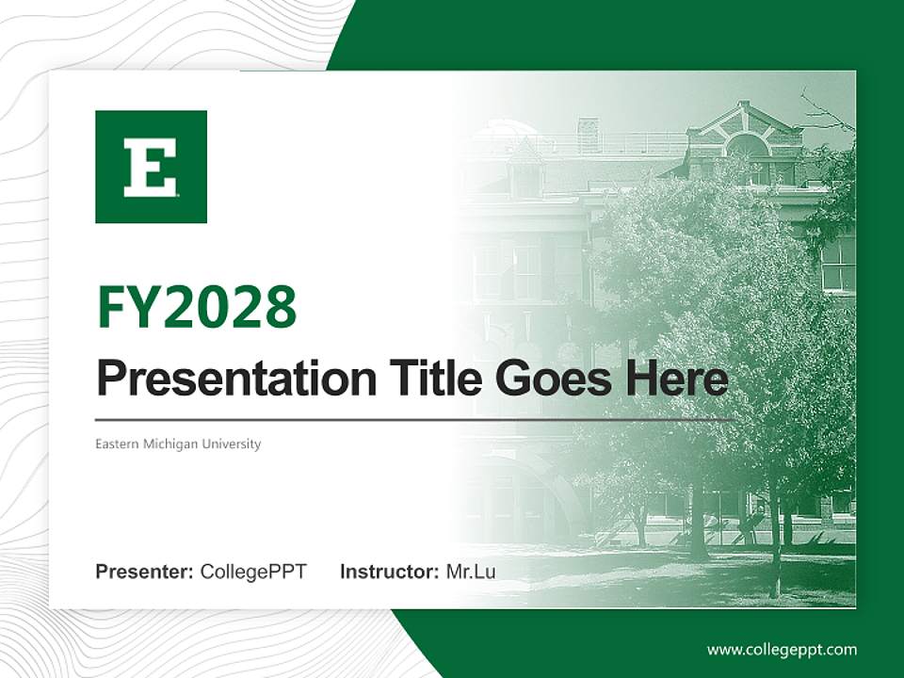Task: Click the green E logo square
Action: (151, 167)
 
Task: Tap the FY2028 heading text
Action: (197, 307)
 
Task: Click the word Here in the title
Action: (675, 379)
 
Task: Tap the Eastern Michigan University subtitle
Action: (178, 444)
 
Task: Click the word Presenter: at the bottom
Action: (145, 572)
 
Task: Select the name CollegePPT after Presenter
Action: (253, 572)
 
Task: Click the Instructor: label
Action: (389, 572)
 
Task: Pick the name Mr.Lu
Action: (471, 572)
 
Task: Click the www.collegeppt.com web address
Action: (782, 649)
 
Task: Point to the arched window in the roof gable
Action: (747, 145)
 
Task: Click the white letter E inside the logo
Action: (151, 168)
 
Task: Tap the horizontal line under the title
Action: (414, 419)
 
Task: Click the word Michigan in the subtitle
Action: (174, 444)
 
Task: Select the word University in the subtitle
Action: (235, 444)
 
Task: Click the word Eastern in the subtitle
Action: (115, 444)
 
